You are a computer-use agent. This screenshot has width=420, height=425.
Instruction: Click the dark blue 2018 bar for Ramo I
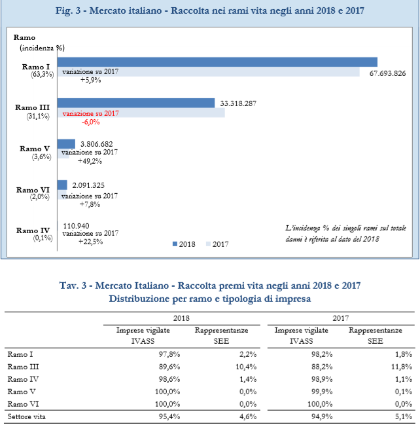coord(217,62)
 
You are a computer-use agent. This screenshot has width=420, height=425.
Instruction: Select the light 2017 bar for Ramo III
coord(141,113)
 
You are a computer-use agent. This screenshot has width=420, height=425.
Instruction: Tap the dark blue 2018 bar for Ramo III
coord(136,103)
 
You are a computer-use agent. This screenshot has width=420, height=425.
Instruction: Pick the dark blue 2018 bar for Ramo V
coord(66,144)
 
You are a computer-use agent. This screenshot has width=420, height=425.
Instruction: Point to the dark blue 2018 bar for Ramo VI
coord(62,185)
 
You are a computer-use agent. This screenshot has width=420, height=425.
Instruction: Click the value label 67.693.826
coord(387,73)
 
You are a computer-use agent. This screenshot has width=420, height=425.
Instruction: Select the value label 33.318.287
coord(238,103)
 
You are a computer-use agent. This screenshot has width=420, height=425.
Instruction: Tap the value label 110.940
coord(76,226)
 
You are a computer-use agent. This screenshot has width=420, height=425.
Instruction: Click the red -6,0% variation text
coord(91,122)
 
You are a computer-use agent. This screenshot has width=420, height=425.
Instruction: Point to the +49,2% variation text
coord(90,161)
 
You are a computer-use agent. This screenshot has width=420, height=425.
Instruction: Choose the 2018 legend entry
coord(184,244)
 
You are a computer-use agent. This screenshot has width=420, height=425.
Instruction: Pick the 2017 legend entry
coord(217,244)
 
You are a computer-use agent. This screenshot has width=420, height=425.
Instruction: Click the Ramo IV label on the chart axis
coord(33,231)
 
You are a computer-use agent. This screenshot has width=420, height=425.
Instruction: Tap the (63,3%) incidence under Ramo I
coord(43,74)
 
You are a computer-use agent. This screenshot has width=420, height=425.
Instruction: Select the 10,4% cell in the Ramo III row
coord(246,367)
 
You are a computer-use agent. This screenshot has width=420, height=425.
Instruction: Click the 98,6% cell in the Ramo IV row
coord(169,379)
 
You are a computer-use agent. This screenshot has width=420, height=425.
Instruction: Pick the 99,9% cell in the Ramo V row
coord(322,392)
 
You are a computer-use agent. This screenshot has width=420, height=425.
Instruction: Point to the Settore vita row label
coord(27,416)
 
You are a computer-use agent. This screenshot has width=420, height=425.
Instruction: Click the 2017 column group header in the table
coord(341,318)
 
